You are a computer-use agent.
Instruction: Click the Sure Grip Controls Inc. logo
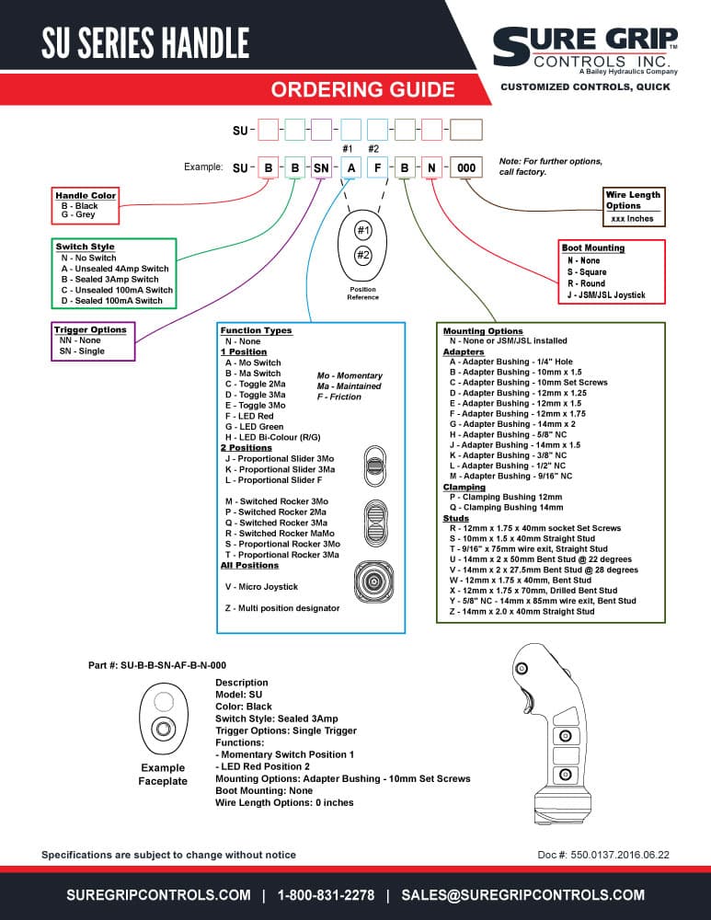(x=586, y=51)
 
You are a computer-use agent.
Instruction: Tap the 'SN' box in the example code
(x=321, y=167)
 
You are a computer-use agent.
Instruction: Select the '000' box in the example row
(x=466, y=167)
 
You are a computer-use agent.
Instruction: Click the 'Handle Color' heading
(x=86, y=195)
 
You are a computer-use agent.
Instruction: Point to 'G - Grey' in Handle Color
(x=78, y=214)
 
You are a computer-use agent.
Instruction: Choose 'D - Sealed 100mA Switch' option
(x=111, y=301)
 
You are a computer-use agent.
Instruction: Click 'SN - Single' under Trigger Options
(x=82, y=351)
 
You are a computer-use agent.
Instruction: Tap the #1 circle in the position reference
(x=363, y=230)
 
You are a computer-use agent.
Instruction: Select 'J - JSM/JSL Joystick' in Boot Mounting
(x=606, y=295)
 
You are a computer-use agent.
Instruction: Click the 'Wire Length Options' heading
(x=633, y=200)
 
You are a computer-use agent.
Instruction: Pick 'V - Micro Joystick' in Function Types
(x=261, y=587)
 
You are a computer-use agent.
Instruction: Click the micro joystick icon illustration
(x=373, y=581)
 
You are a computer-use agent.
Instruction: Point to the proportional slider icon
(x=375, y=466)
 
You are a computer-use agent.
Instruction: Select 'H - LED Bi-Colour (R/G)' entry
(x=273, y=437)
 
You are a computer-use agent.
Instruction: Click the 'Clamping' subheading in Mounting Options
(x=464, y=487)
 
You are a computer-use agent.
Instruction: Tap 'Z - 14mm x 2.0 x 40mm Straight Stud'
(x=522, y=612)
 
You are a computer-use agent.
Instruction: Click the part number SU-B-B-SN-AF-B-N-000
(x=173, y=665)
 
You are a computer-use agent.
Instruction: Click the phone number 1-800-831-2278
(x=326, y=895)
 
